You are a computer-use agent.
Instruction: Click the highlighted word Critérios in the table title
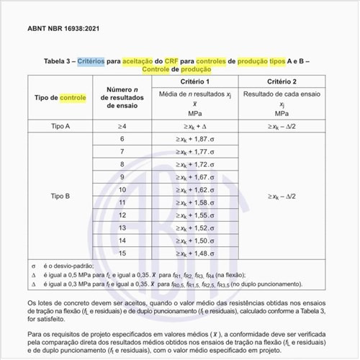(94, 62)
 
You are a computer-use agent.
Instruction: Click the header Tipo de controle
(60, 97)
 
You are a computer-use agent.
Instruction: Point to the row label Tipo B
(60, 195)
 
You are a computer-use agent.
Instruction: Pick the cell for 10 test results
(122, 189)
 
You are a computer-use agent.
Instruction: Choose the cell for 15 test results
(122, 253)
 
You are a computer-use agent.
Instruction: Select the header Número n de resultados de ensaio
(122, 97)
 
